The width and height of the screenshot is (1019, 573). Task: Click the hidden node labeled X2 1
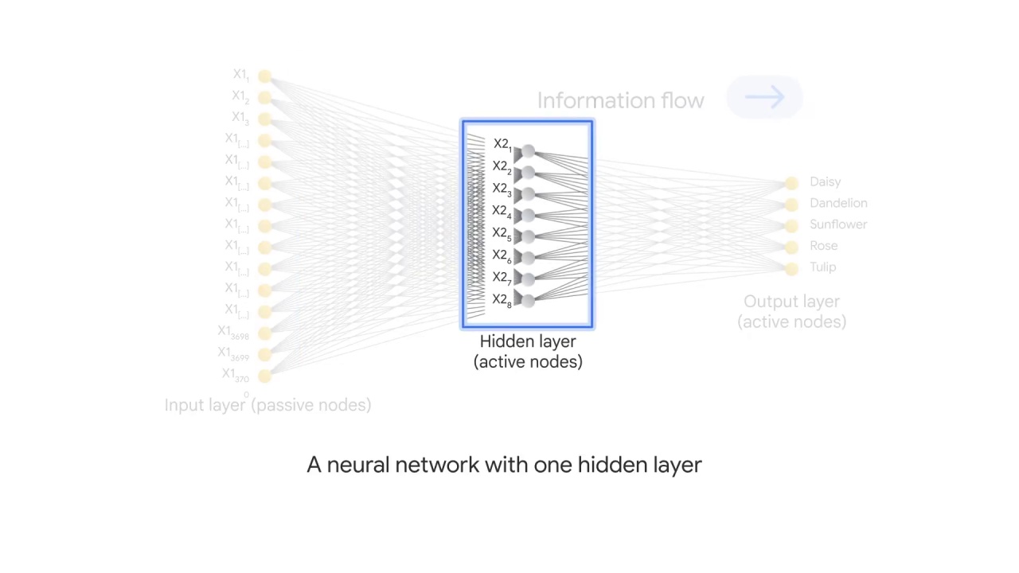click(x=528, y=150)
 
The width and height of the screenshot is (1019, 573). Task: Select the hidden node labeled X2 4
click(x=528, y=215)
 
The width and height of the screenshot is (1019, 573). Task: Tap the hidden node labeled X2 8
click(x=528, y=299)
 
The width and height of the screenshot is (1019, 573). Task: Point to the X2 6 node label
click(x=502, y=255)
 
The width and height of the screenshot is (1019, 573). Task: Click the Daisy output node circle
click(x=791, y=183)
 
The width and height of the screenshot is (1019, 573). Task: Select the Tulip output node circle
click(x=791, y=268)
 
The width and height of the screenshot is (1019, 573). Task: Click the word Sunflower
click(x=838, y=224)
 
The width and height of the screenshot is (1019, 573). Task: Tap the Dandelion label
click(x=838, y=203)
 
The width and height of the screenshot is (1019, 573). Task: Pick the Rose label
click(x=823, y=246)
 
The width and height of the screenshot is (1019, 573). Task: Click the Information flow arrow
click(x=765, y=98)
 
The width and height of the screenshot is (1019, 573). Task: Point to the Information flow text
click(x=620, y=101)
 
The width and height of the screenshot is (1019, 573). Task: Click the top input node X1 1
click(x=264, y=76)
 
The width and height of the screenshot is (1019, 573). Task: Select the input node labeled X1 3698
click(x=264, y=333)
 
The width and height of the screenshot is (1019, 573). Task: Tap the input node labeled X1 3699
click(x=264, y=354)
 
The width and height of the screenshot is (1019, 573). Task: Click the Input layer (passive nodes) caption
click(x=267, y=405)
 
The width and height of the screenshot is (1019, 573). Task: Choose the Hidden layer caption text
click(x=528, y=351)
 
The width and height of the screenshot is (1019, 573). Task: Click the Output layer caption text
click(x=791, y=311)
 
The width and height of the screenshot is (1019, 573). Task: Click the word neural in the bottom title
click(x=358, y=465)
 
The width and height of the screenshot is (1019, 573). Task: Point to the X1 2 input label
click(x=240, y=97)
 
